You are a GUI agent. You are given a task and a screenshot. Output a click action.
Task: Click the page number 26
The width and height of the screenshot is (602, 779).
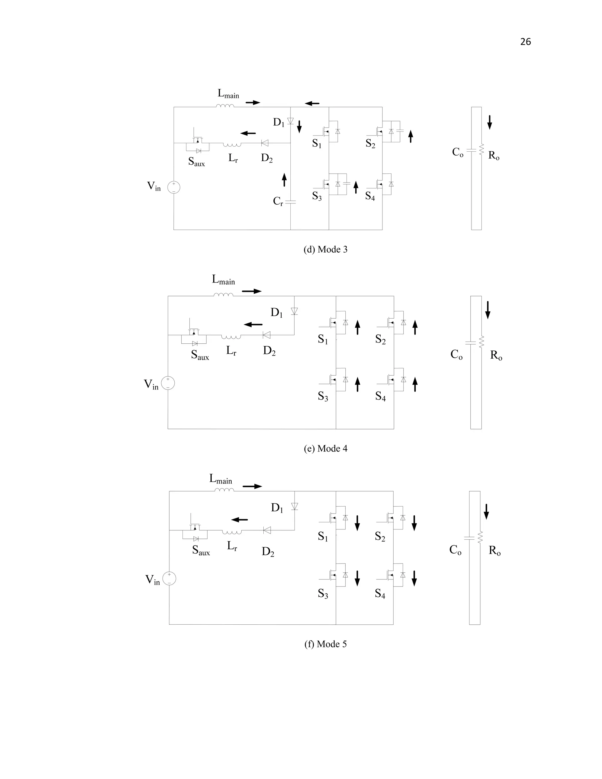525,42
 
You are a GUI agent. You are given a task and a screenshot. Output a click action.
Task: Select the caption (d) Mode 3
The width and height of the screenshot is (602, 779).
325,250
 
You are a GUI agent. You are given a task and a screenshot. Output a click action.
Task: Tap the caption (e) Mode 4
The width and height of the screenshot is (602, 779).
325,449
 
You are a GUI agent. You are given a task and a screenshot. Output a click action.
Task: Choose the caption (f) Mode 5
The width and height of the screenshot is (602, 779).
325,644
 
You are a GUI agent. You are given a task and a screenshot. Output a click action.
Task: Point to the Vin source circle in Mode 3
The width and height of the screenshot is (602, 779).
174,187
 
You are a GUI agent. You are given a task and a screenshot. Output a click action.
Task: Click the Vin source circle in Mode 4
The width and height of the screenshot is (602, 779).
168,383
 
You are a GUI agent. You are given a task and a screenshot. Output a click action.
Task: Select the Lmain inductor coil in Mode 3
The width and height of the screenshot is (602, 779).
225,106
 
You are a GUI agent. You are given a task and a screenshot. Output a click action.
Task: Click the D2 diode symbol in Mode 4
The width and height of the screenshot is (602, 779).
266,335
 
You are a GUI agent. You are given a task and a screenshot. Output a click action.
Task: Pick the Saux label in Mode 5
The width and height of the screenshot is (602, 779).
201,550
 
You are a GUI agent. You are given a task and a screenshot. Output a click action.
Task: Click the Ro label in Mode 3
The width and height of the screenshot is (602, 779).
494,156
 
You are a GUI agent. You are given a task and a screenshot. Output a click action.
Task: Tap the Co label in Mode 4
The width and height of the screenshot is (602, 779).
456,355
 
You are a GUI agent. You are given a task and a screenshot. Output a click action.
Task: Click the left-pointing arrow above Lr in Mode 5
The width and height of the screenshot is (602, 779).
239,520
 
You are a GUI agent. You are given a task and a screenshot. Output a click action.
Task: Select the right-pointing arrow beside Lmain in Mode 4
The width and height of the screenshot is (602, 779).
252,291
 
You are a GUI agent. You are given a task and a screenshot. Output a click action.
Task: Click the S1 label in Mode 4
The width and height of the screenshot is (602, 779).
323,340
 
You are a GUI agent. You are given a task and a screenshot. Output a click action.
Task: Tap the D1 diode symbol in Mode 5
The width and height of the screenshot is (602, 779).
295,506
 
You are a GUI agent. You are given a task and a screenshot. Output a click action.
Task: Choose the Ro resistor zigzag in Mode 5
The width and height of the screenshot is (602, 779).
480,537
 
